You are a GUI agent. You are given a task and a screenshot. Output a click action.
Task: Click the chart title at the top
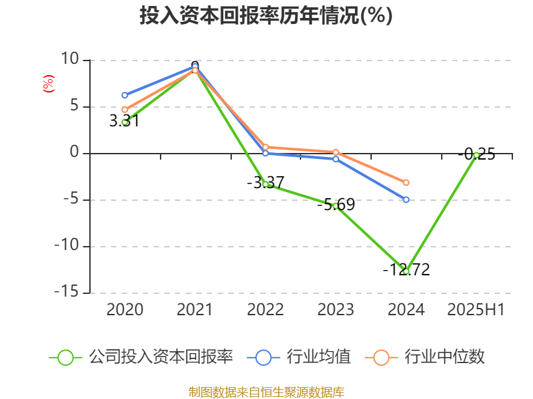[x=266, y=15]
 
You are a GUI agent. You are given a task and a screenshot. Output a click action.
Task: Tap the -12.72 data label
[x=406, y=269]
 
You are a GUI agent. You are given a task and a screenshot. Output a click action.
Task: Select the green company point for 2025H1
[x=476, y=155]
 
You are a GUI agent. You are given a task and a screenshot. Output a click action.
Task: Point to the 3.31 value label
[x=124, y=121]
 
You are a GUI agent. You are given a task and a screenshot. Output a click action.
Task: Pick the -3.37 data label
[x=265, y=182]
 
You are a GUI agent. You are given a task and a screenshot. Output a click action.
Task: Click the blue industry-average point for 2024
[x=406, y=199]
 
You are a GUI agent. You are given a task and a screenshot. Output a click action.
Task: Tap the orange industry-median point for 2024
[x=406, y=182]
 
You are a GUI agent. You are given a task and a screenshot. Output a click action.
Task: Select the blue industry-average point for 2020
[x=125, y=95]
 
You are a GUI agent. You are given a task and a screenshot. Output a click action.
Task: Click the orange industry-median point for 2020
[x=125, y=110]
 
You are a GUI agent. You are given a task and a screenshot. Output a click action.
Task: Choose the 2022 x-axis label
[x=265, y=309]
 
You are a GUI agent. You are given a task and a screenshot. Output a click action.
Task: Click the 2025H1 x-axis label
[x=476, y=309]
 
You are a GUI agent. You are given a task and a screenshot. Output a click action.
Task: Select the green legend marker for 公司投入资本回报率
[x=65, y=357]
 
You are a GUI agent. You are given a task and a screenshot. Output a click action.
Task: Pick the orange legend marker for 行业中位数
[x=381, y=357]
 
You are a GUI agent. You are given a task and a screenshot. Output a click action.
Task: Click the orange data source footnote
[x=266, y=392]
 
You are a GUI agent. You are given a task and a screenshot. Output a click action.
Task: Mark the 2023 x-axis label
[x=336, y=309]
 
